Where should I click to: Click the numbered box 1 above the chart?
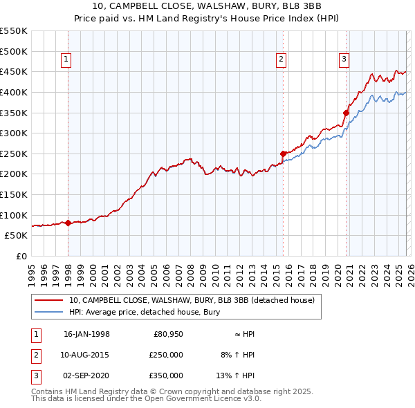(66, 60)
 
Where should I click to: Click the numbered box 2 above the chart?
(282, 60)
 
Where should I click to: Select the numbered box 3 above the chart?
(344, 60)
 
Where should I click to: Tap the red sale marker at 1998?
(68, 223)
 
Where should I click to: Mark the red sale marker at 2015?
(283, 154)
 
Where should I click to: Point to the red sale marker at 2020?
(346, 113)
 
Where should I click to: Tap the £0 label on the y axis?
(21, 256)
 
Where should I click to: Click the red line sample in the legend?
(48, 300)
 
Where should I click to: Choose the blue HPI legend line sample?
(48, 313)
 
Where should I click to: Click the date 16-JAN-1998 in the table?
(86, 334)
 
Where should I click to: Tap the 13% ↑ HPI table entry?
(241, 375)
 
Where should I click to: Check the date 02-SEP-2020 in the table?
(86, 375)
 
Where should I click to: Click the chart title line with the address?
(207, 8)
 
